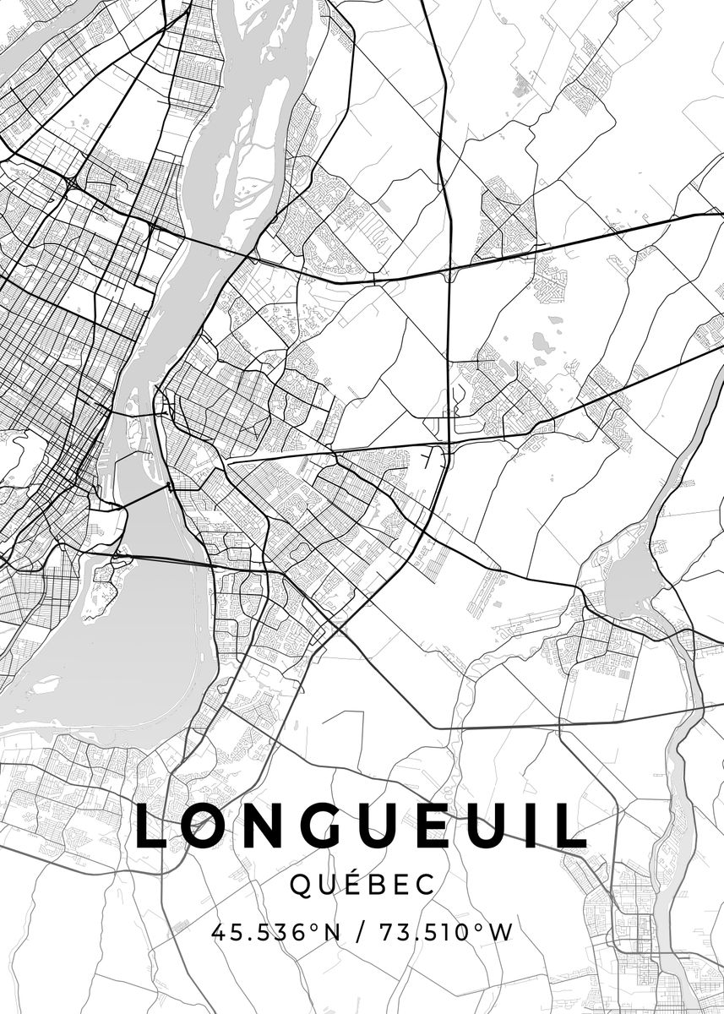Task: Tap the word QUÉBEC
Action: tap(362, 885)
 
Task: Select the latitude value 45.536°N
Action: tap(275, 934)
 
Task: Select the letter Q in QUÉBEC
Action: tap(301, 886)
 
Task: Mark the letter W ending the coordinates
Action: tap(500, 934)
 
